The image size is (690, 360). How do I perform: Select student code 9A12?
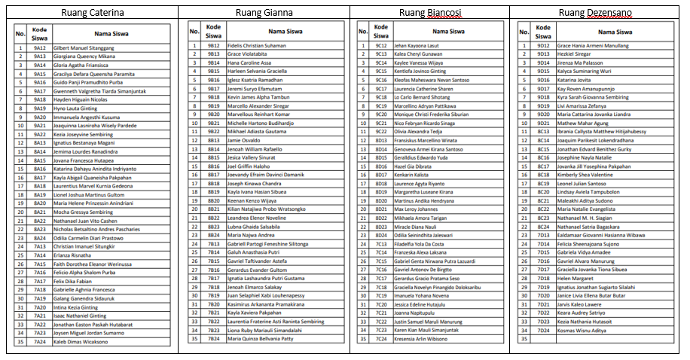(40, 48)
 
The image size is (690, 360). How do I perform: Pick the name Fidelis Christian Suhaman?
(256, 46)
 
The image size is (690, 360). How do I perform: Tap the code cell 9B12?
(214, 46)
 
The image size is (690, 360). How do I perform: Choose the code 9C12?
(381, 46)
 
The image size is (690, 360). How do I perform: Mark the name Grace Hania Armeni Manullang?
(593, 46)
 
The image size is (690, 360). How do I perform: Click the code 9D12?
(543, 46)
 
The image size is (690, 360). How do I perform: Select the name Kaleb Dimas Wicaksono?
(81, 341)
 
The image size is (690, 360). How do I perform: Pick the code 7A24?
(40, 341)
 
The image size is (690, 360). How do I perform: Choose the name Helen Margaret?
(576, 278)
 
